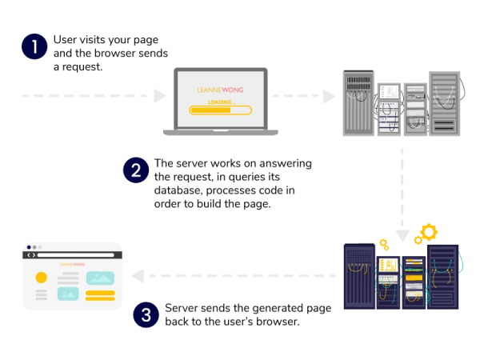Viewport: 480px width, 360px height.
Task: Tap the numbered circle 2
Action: (x=135, y=170)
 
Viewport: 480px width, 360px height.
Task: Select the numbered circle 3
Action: (x=146, y=314)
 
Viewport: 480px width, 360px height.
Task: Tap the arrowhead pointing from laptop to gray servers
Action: (x=329, y=97)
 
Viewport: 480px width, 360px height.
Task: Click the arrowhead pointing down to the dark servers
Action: (x=402, y=236)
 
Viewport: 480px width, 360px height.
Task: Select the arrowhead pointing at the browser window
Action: (x=138, y=276)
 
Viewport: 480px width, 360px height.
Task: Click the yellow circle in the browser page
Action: (x=41, y=278)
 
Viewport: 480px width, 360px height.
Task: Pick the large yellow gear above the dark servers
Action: (x=428, y=234)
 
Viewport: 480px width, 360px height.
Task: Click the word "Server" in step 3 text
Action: (x=180, y=307)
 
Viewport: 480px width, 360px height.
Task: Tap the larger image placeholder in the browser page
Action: (x=100, y=279)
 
